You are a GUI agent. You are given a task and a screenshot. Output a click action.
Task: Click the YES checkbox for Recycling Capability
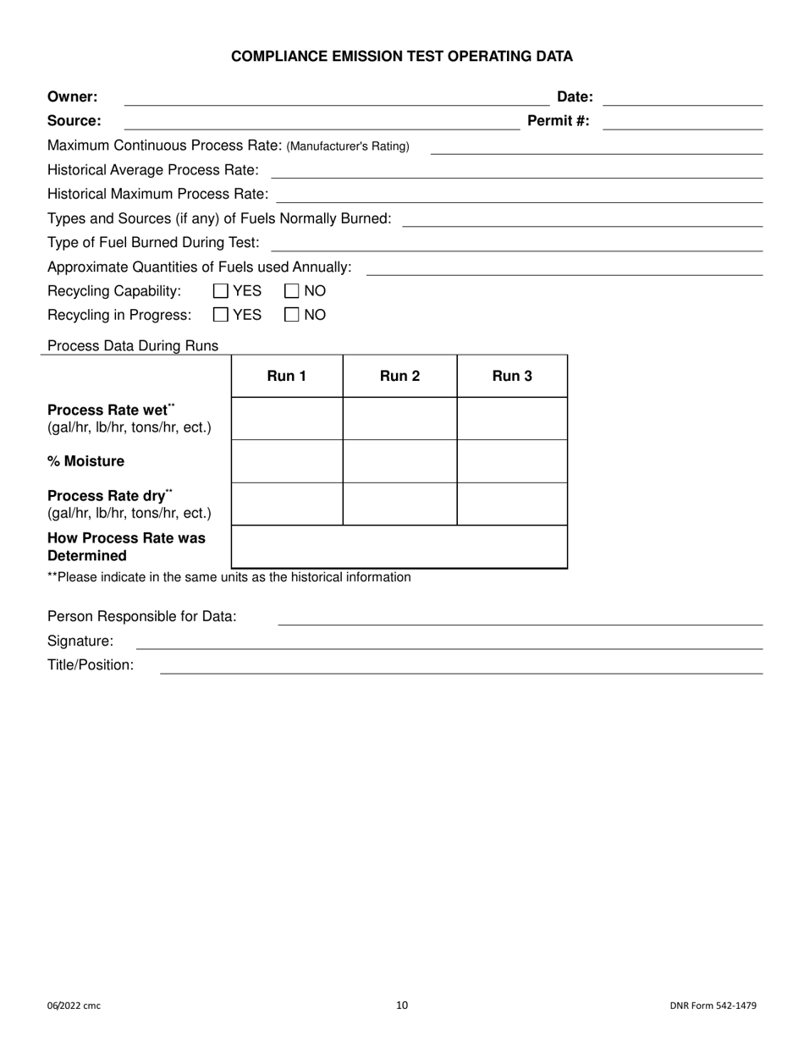tap(221, 291)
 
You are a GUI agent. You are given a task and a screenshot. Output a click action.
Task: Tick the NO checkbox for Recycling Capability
tap(292, 291)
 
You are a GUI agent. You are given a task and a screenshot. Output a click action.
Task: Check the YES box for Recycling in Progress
tap(221, 315)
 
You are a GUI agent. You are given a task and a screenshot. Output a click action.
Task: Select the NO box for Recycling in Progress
tap(292, 315)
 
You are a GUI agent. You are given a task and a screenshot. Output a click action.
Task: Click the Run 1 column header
tap(286, 377)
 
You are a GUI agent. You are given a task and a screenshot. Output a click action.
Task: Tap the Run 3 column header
tap(512, 377)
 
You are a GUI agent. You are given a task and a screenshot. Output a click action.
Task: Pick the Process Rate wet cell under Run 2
tap(399, 419)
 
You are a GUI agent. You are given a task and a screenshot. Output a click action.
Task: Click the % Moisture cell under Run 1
tap(286, 461)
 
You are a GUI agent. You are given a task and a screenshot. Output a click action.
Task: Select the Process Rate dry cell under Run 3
tap(512, 504)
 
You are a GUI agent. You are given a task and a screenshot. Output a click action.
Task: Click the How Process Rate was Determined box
tap(399, 547)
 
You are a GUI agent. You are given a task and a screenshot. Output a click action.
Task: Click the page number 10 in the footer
tap(402, 1005)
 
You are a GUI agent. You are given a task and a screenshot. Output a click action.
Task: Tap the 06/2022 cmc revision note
tap(74, 1006)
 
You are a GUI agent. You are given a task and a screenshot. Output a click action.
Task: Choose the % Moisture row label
tap(85, 461)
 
